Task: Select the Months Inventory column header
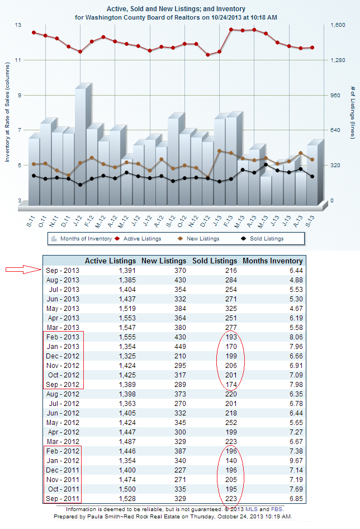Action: pyautogui.click(x=272, y=261)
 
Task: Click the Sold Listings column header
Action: pyautogui.click(x=215, y=261)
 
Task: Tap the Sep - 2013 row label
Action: pyautogui.click(x=63, y=271)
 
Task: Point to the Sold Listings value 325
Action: pyautogui.click(x=230, y=309)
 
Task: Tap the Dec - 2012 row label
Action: pyautogui.click(x=63, y=356)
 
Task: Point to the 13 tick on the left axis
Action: pyautogui.click(x=18, y=25)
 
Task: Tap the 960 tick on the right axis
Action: pyautogui.click(x=335, y=96)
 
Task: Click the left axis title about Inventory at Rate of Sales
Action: pyautogui.click(x=8, y=120)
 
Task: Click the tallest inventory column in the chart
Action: pyautogui.click(x=80, y=145)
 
